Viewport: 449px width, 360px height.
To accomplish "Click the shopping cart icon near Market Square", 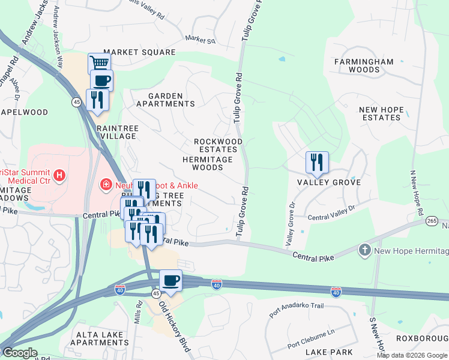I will pyautogui.click(x=99, y=63).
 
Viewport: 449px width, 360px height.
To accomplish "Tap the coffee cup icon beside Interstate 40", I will pyautogui.click(x=170, y=280).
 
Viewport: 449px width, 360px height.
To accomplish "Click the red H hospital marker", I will pyautogui.click(x=59, y=175).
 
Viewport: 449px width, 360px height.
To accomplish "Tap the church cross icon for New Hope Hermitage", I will pyautogui.click(x=364, y=249).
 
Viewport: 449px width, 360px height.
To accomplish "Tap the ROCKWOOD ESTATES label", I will pyautogui.click(x=218, y=145).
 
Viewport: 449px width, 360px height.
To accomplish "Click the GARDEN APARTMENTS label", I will pyautogui.click(x=165, y=100).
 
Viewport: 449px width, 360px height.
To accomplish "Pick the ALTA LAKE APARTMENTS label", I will pyautogui.click(x=99, y=338).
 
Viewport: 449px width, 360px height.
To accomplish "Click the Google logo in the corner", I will pyautogui.click(x=19, y=353).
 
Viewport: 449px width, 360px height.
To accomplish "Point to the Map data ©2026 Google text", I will pyautogui.click(x=412, y=355).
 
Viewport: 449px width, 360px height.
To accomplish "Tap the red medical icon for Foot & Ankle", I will pyautogui.click(x=106, y=185).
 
